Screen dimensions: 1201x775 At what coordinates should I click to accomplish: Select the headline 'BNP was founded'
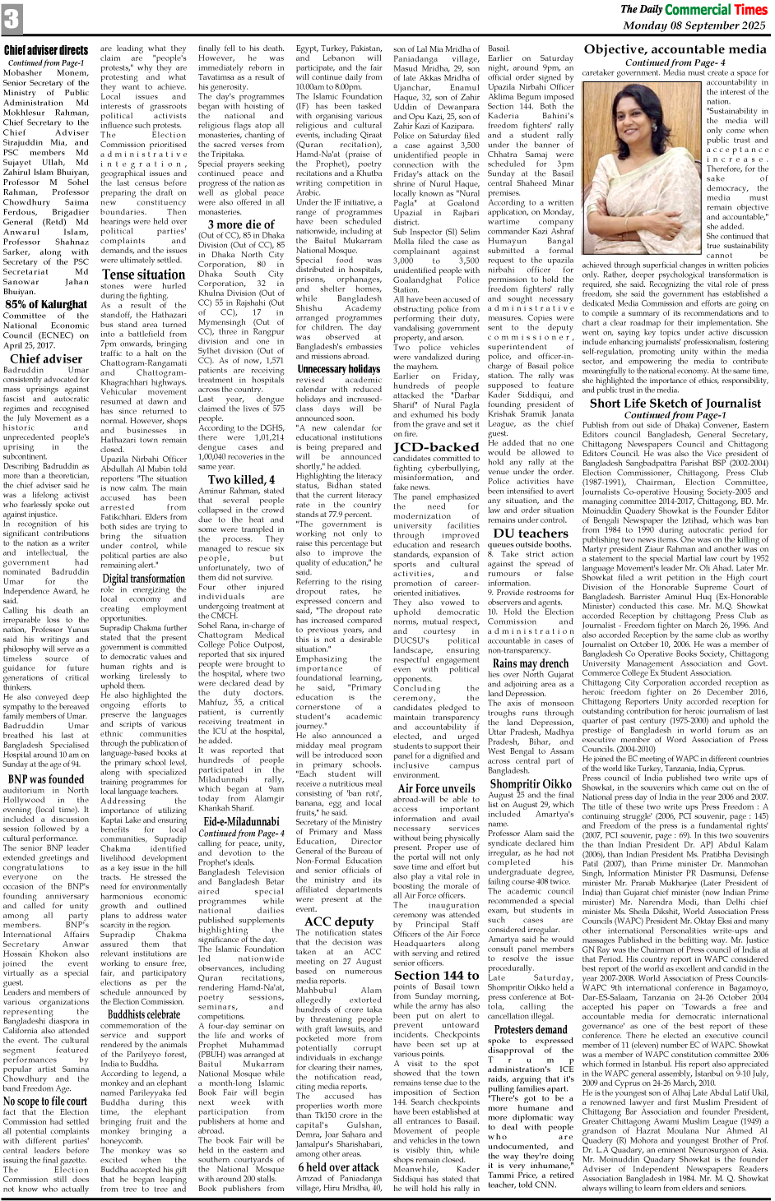pyautogui.click(x=45, y=779)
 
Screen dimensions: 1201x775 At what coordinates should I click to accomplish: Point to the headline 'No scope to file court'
pyautogui.click(x=45, y=1102)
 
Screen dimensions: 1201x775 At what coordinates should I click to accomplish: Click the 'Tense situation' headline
pyautogui.click(x=143, y=275)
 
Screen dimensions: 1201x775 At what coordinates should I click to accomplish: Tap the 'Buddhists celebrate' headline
pyautogui.click(x=143, y=1014)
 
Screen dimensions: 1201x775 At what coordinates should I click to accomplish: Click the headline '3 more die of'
pyautogui.click(x=241, y=224)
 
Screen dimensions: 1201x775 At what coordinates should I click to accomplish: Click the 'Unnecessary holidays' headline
pyautogui.click(x=338, y=369)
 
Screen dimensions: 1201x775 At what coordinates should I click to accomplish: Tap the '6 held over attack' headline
pyautogui.click(x=338, y=1167)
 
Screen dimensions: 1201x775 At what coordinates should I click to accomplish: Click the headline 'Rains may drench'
pyautogui.click(x=531, y=663)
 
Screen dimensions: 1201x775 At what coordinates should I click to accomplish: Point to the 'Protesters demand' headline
pyautogui.click(x=531, y=1029)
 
